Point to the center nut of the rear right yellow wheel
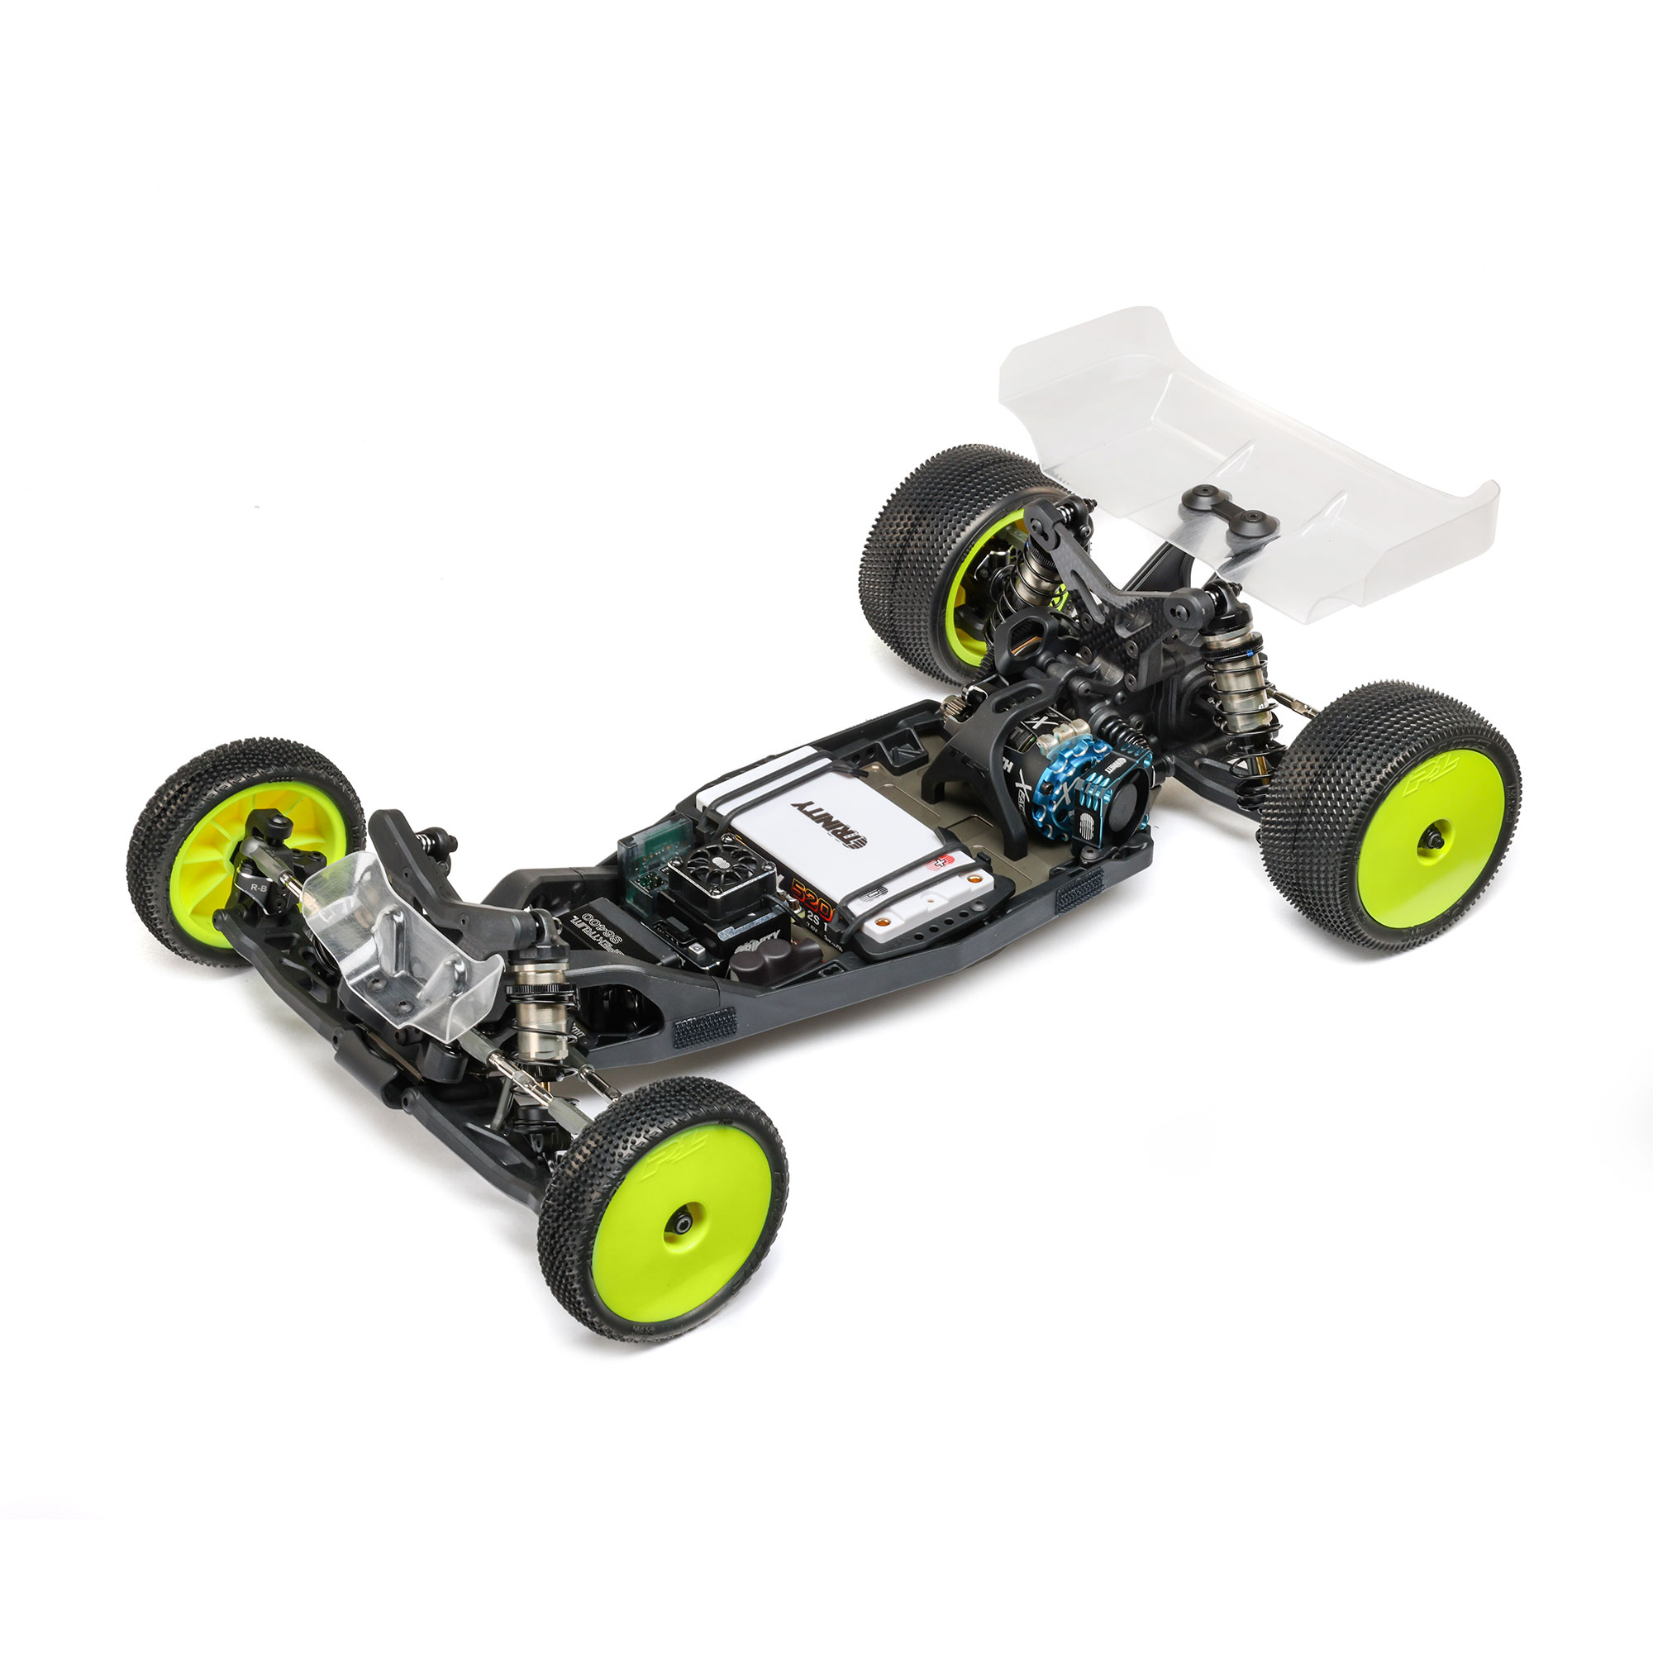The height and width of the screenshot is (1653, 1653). [x=1431, y=840]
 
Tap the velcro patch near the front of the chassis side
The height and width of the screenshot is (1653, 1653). [x=703, y=1027]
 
